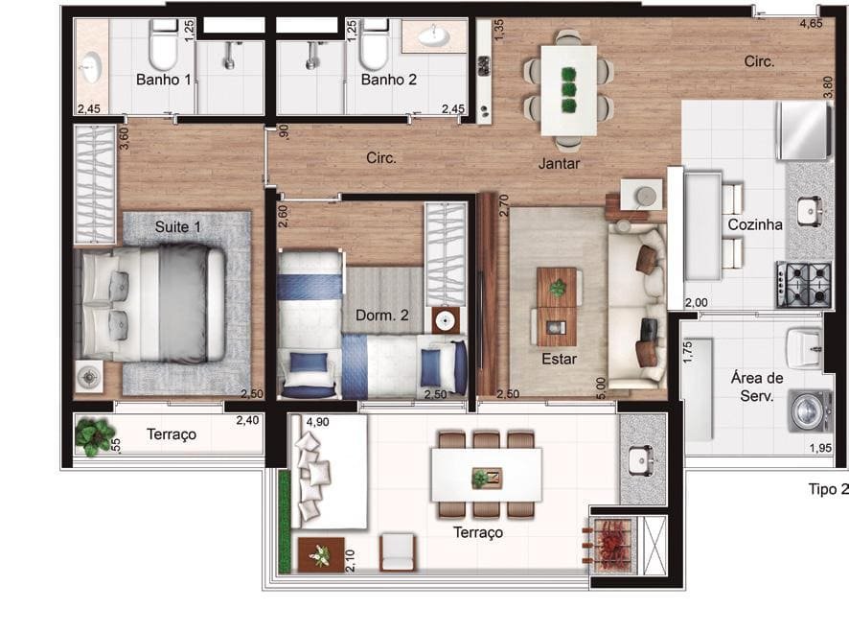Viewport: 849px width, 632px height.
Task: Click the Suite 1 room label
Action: (177, 226)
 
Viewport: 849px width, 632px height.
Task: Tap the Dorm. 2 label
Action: (381, 315)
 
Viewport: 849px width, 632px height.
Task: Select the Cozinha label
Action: (755, 224)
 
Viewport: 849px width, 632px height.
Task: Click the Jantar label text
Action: (559, 163)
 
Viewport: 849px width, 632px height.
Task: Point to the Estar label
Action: (559, 359)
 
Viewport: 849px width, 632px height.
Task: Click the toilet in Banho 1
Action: (164, 44)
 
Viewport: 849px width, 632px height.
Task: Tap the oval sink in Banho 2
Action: (434, 36)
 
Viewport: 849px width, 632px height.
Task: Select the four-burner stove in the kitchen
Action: (804, 285)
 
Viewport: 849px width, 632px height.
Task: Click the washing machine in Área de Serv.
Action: (810, 410)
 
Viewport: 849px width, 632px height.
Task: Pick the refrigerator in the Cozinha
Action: (803, 130)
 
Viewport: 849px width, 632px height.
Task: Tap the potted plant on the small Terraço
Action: (95, 434)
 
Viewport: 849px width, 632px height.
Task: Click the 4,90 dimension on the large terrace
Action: (317, 422)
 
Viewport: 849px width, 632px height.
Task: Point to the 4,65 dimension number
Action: (811, 23)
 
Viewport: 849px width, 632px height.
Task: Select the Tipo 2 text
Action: (829, 489)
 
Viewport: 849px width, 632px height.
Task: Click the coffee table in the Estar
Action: (557, 306)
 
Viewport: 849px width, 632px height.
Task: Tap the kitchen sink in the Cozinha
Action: (810, 211)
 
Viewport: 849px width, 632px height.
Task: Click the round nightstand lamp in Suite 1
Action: (89, 376)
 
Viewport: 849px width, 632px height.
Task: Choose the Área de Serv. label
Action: (756, 386)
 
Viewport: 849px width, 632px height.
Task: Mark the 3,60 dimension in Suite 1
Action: (124, 138)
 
